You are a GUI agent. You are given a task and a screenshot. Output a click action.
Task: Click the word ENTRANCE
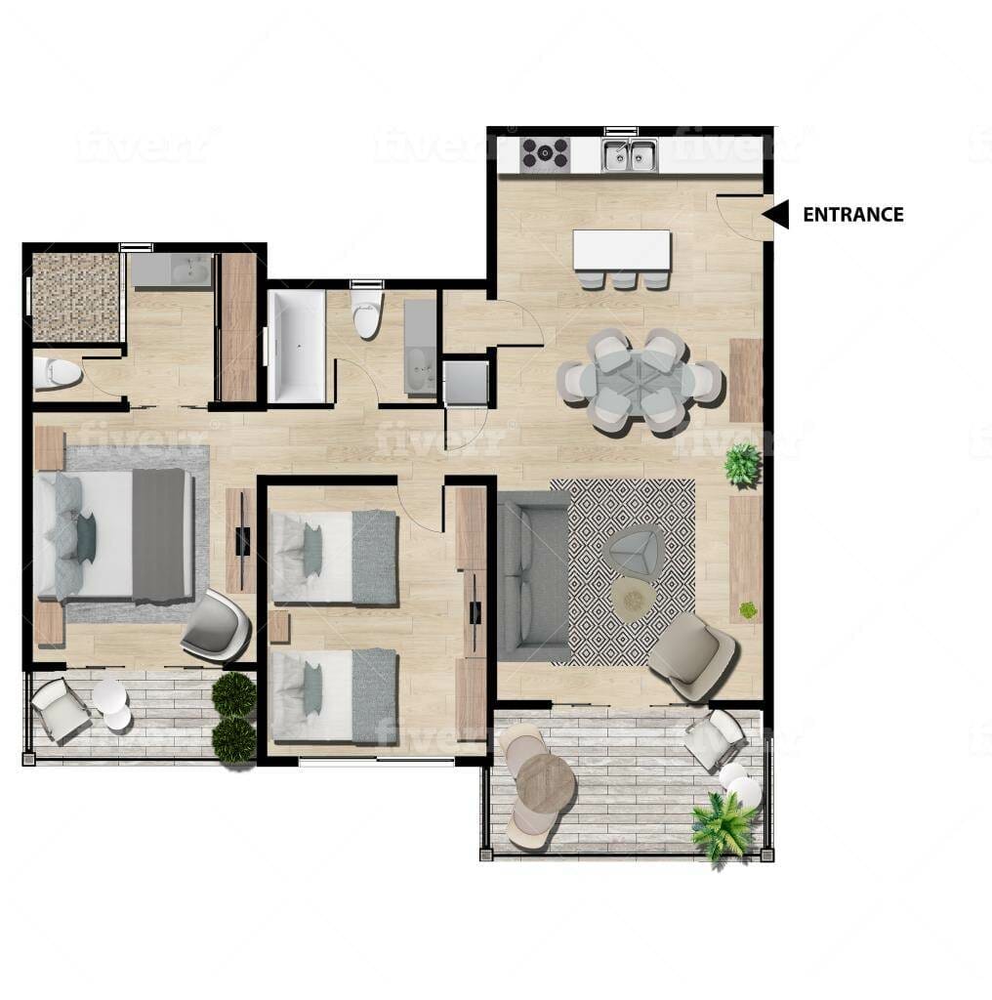pos(852,215)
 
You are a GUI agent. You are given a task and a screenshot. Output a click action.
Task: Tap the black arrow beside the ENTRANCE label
pos(776,214)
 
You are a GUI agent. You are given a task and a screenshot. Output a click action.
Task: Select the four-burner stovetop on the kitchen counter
pos(545,154)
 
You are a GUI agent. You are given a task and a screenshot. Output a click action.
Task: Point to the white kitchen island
pos(622,250)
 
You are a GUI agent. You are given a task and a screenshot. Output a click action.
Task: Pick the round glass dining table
pos(640,381)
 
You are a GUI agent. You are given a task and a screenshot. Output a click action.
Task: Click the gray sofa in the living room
pos(533,577)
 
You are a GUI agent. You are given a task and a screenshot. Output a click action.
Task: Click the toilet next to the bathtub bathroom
pos(367,313)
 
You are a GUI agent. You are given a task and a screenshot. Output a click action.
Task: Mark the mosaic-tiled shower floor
pos(76,297)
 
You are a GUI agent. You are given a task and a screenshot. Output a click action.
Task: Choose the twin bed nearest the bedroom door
pos(334,557)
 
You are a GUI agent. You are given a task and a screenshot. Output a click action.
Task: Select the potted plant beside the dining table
pos(742,464)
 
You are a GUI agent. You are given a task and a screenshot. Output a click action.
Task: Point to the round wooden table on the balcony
pos(546,783)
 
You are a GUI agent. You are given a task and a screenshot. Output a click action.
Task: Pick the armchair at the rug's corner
pos(692,654)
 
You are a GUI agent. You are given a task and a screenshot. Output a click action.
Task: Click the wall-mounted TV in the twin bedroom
pos(475,611)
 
